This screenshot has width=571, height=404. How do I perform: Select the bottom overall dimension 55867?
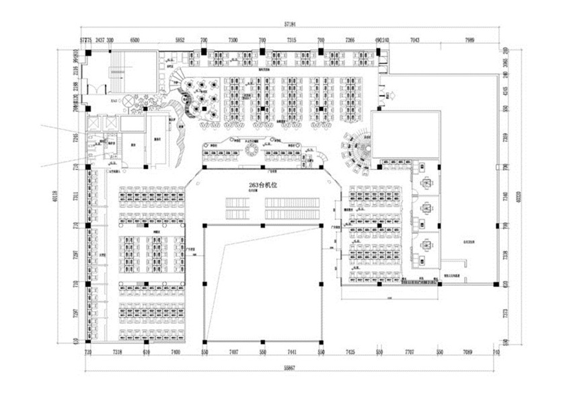pos(290,368)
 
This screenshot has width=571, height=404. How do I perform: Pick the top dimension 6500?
pos(135,40)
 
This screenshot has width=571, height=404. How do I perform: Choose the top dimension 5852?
pos(180,40)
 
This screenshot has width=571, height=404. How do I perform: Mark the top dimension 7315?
pos(291,40)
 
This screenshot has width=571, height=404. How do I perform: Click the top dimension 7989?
pos(469,40)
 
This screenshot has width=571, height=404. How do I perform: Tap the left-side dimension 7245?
pos(75,137)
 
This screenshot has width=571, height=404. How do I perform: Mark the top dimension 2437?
pos(100,40)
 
